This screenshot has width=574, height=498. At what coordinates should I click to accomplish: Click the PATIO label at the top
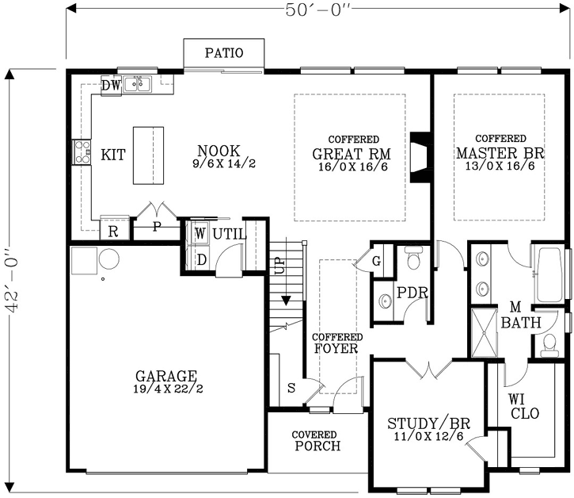click(x=224, y=54)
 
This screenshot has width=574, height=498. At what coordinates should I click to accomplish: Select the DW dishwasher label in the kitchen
click(x=111, y=84)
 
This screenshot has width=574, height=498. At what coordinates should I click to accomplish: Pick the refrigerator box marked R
click(x=113, y=231)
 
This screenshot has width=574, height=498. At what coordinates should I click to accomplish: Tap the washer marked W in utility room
click(x=200, y=234)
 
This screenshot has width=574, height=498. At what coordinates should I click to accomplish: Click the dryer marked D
click(x=200, y=259)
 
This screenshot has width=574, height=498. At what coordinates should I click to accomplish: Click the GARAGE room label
click(x=165, y=376)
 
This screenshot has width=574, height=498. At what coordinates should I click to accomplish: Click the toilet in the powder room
click(x=412, y=260)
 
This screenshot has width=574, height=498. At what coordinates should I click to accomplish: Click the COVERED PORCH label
click(x=316, y=440)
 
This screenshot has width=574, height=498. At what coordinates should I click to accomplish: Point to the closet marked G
click(x=376, y=259)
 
